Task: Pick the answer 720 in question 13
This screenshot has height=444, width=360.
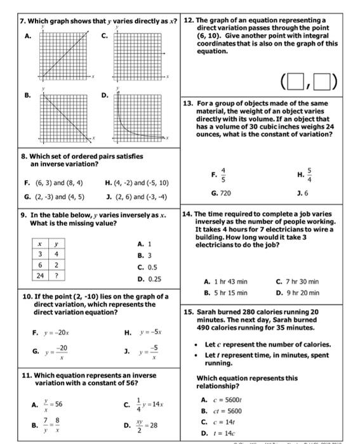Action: click(x=225, y=192)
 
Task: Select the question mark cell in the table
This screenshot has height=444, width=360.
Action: click(x=57, y=276)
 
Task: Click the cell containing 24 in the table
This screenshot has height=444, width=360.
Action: click(x=41, y=276)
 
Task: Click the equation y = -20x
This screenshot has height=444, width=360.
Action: click(x=54, y=330)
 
